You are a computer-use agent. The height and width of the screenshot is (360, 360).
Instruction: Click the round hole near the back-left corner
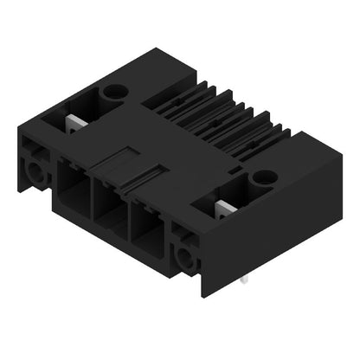point(113,90)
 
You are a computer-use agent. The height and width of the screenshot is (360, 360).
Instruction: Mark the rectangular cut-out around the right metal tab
point(216,208)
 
